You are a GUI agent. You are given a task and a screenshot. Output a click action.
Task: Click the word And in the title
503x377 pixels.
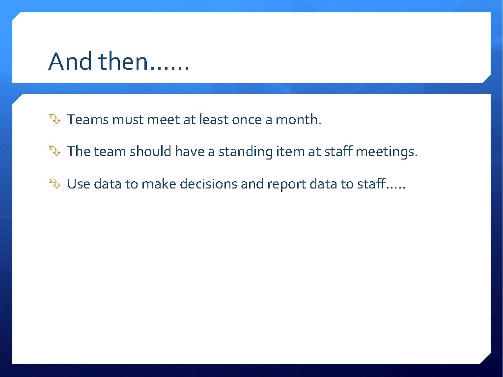tap(71, 62)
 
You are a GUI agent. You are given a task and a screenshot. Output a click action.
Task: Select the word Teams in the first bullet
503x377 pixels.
tap(87, 119)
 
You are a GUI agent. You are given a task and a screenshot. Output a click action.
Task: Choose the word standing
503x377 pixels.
tap(245, 152)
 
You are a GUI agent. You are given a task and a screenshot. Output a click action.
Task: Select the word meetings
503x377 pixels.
tap(386, 152)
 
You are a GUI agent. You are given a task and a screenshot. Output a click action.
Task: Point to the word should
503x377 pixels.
tap(150, 152)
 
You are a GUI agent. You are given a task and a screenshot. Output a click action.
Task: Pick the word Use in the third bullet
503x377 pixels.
tap(79, 184)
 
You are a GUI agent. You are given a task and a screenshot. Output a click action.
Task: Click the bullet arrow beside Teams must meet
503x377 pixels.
tap(54, 119)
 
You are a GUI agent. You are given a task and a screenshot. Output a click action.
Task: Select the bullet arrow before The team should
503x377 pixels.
tap(54, 152)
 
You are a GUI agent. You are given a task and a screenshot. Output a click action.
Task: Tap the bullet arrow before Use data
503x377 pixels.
tap(54, 184)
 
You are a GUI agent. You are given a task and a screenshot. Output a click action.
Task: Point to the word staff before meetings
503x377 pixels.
tap(338, 152)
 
